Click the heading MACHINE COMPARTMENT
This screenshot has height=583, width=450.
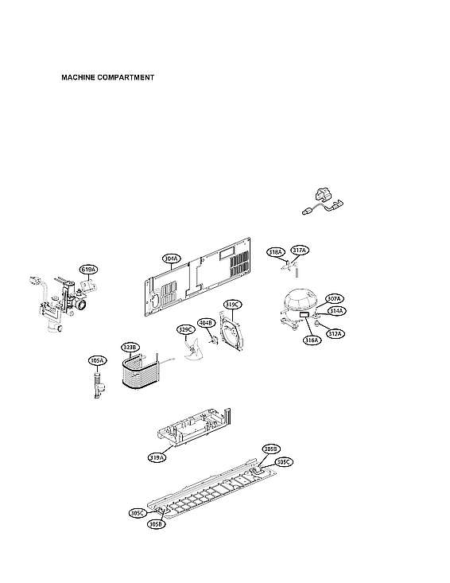pyautogui.click(x=107, y=78)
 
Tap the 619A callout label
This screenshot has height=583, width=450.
pyautogui.click(x=88, y=270)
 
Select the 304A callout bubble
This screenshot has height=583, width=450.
pyautogui.click(x=172, y=258)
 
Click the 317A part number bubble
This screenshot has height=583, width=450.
pyautogui.click(x=299, y=251)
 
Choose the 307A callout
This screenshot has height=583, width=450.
pyautogui.click(x=334, y=299)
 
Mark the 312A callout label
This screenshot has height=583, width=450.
pyautogui.click(x=335, y=333)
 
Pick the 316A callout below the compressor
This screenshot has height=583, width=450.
pyautogui.click(x=311, y=340)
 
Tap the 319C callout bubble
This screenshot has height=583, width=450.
pyautogui.click(x=232, y=305)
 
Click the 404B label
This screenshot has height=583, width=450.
pyautogui.click(x=206, y=323)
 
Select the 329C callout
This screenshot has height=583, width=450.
pyautogui.click(x=185, y=329)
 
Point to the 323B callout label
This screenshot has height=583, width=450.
pyautogui.click(x=130, y=347)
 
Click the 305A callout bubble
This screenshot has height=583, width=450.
pyautogui.click(x=97, y=360)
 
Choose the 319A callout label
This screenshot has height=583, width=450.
pyautogui.click(x=157, y=457)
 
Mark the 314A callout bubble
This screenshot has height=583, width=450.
pyautogui.click(x=336, y=311)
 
